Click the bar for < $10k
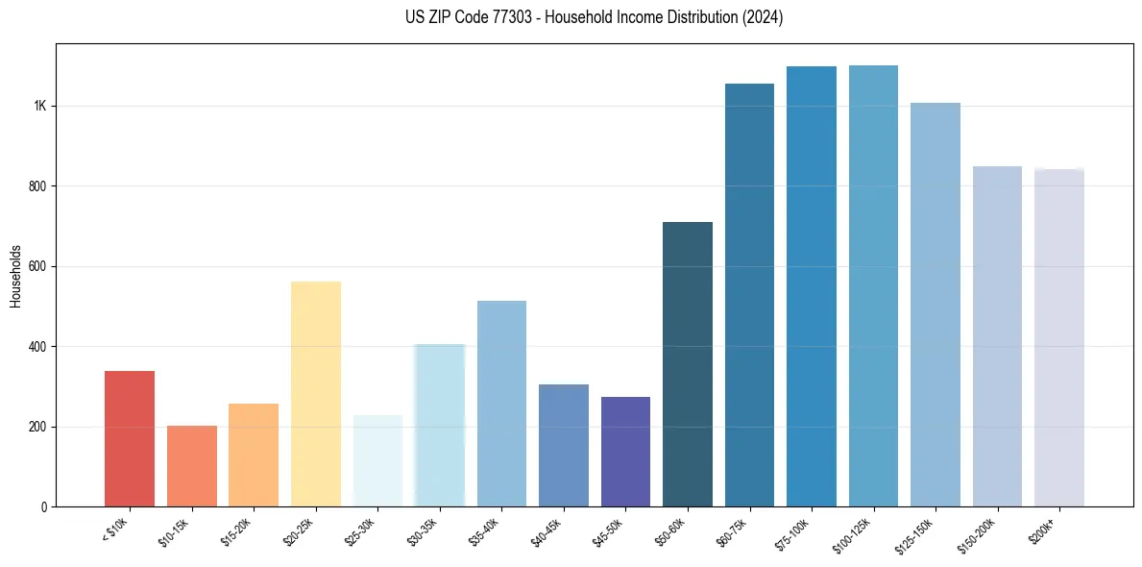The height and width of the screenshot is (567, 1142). tap(129, 438)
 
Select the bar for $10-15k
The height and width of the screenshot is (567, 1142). tap(191, 466)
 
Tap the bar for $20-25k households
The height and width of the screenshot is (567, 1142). tap(315, 394)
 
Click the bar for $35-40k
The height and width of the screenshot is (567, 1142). tap(501, 404)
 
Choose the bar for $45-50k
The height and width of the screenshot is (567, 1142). tap(625, 452)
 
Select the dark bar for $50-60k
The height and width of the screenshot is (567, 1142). tap(688, 364)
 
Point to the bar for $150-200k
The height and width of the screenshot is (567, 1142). tap(997, 336)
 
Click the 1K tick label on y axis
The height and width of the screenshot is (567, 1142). tap(40, 106)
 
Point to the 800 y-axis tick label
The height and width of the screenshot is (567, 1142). tap(38, 186)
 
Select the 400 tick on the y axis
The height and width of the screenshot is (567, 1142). tap(38, 347)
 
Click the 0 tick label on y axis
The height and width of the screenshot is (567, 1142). tap(44, 507)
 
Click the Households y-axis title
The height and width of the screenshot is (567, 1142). tap(16, 275)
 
